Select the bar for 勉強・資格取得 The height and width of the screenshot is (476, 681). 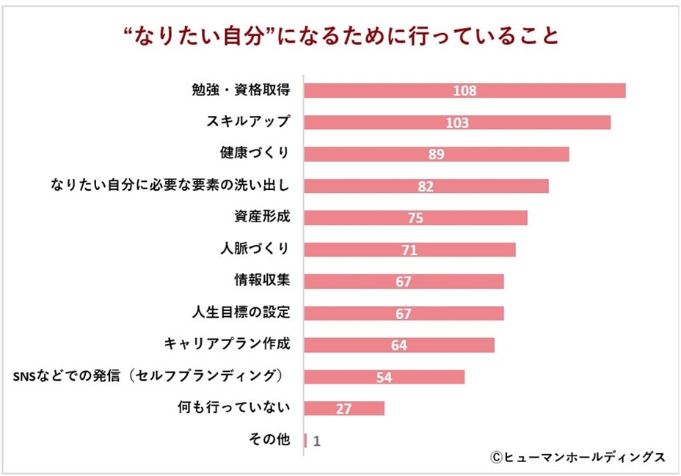(x=464, y=90)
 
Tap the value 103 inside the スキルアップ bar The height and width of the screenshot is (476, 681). (x=456, y=122)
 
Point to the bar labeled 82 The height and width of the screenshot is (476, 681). (x=426, y=186)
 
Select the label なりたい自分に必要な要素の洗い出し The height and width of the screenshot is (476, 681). (x=170, y=185)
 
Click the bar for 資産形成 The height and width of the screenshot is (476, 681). (x=415, y=218)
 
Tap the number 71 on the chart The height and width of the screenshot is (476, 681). (x=409, y=250)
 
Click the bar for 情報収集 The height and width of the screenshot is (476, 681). (x=404, y=282)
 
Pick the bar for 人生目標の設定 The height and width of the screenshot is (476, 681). (x=404, y=313)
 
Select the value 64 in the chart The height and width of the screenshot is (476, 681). (x=399, y=345)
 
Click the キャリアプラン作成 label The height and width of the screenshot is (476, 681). (x=228, y=343)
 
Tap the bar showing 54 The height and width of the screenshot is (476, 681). (x=384, y=376)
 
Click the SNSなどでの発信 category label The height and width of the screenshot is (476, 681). (x=149, y=376)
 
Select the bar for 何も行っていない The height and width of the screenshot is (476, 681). (x=343, y=409)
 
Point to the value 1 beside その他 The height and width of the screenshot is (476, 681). (x=316, y=441)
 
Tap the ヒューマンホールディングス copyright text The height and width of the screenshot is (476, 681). (x=578, y=457)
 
